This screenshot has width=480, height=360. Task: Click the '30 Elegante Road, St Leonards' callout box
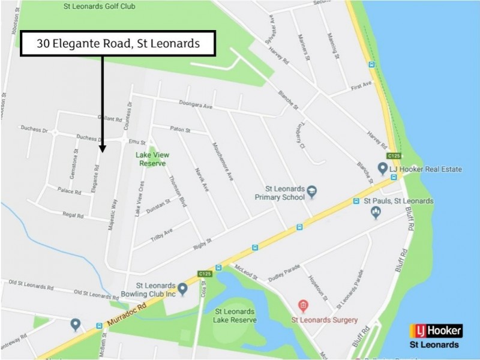click(118, 43)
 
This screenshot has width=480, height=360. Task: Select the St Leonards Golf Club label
click(100, 7)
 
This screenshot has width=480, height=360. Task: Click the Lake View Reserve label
click(151, 158)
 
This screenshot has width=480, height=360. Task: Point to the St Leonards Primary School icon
click(312, 192)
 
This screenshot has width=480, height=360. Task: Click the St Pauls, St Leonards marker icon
click(376, 212)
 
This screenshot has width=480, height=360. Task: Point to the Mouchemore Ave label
click(221, 162)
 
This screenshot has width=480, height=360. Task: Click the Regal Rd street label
click(72, 214)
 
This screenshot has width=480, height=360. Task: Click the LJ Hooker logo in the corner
click(436, 331)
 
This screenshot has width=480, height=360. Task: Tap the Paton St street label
click(179, 129)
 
